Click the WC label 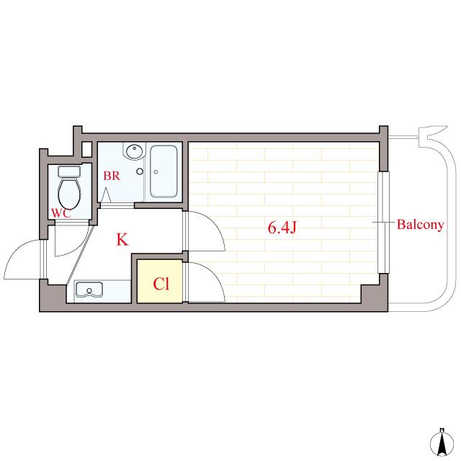[x=61, y=213]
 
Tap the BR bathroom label [x=112, y=176]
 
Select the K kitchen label [x=122, y=240]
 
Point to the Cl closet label [x=161, y=284]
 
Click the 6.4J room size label [x=282, y=228]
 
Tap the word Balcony [x=420, y=225]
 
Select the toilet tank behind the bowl [x=69, y=171]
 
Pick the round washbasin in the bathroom [x=135, y=151]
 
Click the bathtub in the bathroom [x=164, y=171]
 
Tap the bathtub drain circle [x=156, y=172]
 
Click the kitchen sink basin [x=89, y=290]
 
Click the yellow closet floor [x=160, y=281]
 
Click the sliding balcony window [x=383, y=223]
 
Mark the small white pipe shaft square [x=86, y=149]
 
